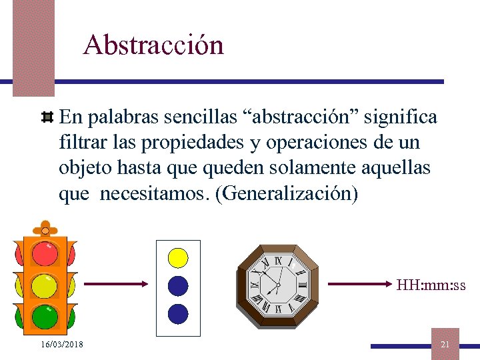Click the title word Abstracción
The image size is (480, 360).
[153, 45]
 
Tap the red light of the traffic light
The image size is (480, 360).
[45, 253]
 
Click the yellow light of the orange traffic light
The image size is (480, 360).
[45, 285]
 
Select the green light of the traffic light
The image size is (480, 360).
[45, 316]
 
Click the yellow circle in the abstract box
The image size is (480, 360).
[178, 257]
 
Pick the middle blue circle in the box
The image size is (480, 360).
[178, 285]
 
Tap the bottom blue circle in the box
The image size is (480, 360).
[178, 313]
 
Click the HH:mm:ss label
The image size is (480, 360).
[431, 286]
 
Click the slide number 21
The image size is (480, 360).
[445, 344]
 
